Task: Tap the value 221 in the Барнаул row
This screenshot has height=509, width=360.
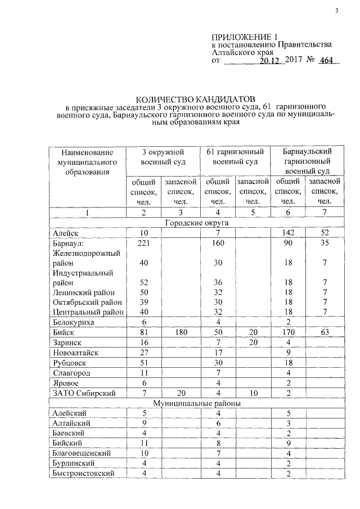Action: tap(144, 242)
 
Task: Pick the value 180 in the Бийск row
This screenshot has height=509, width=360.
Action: tap(179, 333)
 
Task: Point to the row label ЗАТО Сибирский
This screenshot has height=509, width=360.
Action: tap(82, 393)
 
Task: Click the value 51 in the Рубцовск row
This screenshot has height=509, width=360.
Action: tap(144, 363)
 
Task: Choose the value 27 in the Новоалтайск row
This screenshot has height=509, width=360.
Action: tap(144, 353)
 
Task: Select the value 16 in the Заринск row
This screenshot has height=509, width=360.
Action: tap(144, 343)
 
